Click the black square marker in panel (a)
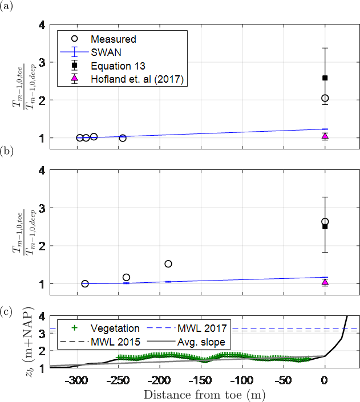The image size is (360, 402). (325, 78)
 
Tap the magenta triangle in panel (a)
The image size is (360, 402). (325, 136)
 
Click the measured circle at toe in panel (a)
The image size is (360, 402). (325, 98)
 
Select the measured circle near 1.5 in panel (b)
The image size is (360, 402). (168, 263)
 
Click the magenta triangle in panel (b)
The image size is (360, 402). (325, 282)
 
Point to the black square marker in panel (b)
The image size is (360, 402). (325, 226)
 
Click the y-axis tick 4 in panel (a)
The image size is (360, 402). (41, 25)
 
